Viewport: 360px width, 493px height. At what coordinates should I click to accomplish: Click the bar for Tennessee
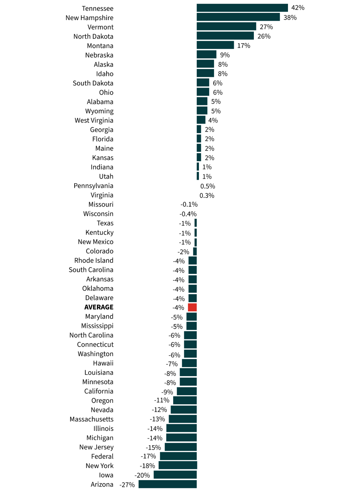pos(242,8)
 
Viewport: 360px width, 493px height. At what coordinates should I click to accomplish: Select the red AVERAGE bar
pos(193,307)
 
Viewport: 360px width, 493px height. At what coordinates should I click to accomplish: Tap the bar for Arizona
pos(167,484)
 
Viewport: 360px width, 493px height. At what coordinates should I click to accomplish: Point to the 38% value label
pos(290,17)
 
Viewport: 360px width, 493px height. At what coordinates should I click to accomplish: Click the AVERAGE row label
pos(99,307)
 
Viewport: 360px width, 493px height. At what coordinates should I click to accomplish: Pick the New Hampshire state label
pos(89,18)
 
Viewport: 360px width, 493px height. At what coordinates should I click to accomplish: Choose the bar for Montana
pos(215,46)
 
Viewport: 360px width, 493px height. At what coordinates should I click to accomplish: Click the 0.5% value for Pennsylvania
pos(208,186)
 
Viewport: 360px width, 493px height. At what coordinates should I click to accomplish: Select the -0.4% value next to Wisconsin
pos(188,214)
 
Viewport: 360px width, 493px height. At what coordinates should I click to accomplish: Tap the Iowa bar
pos(175,475)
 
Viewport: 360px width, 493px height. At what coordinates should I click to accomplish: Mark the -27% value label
pos(127,485)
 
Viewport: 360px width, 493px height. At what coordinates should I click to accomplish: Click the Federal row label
pos(102,457)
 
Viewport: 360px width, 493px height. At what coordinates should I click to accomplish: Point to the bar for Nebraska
pos(207,55)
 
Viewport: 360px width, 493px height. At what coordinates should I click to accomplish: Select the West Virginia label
pos(94,121)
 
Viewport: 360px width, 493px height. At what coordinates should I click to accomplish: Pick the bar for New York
pos(178,465)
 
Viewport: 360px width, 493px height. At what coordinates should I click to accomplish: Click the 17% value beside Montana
pos(244,46)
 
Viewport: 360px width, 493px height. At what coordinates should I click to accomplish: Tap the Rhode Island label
pos(94,261)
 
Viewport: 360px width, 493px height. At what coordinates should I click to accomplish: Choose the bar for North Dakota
pos(225,36)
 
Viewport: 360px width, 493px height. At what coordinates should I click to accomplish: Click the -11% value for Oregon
pos(161,400)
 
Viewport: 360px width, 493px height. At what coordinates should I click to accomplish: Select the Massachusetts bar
pos(183,419)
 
